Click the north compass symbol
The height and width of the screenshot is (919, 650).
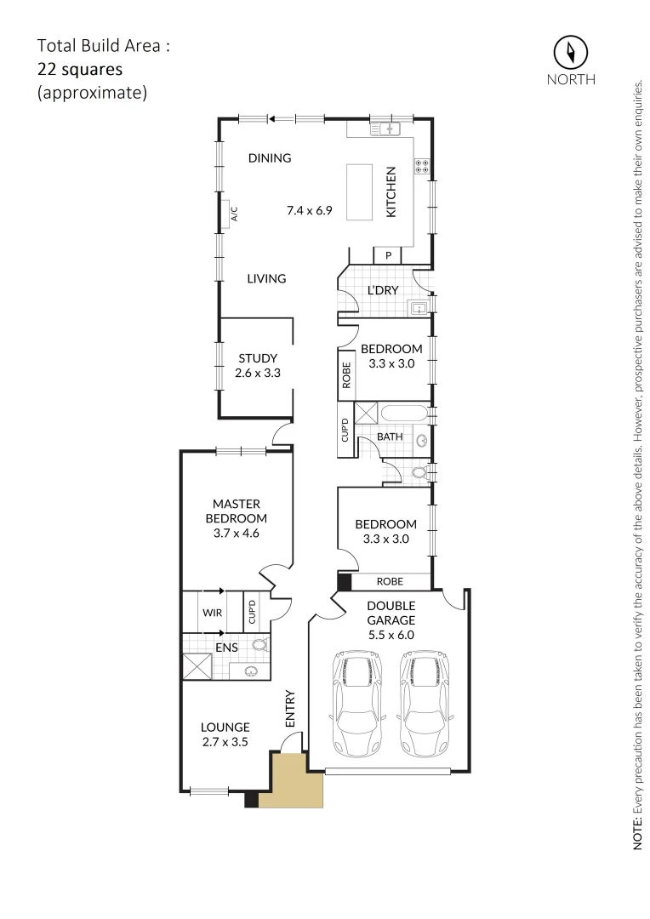(x=571, y=53)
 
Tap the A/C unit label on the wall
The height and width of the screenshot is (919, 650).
(x=233, y=214)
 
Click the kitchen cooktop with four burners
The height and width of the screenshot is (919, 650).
(x=421, y=166)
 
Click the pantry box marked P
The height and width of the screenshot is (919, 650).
(x=388, y=255)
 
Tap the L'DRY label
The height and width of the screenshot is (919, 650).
(x=383, y=290)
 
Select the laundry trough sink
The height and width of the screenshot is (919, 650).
(x=419, y=308)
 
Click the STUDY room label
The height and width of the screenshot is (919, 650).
(x=257, y=358)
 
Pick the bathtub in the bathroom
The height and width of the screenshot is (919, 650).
(x=405, y=415)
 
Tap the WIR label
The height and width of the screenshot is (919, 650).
(x=212, y=613)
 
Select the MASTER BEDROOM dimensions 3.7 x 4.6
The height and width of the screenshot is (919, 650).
(x=236, y=534)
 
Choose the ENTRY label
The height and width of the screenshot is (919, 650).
(x=290, y=708)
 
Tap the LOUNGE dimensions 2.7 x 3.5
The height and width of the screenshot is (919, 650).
(x=225, y=742)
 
